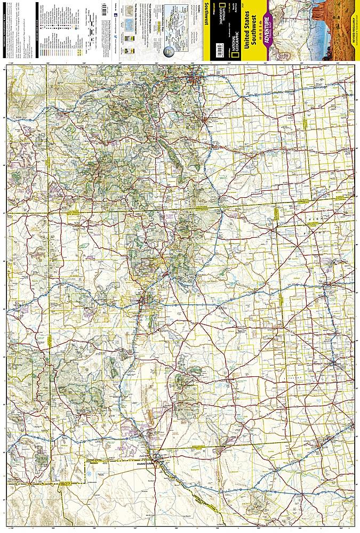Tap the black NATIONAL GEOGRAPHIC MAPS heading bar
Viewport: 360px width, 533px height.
point(4,32)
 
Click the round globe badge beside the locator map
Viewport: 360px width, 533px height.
point(169,51)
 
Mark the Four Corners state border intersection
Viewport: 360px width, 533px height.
point(49,214)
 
